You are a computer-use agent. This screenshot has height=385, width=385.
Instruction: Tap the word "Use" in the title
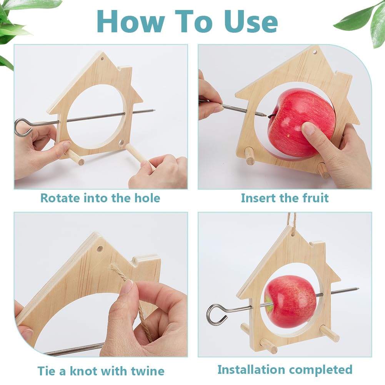coord(251,22)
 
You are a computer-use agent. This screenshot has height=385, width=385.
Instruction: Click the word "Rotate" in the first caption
coord(60,198)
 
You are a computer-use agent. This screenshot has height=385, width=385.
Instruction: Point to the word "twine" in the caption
coord(148,371)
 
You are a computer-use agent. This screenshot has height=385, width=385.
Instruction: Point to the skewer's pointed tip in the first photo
coord(153,110)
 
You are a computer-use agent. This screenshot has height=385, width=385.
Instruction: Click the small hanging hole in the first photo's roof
coord(102,59)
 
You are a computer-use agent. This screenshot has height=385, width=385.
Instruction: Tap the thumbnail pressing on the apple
coord(308,128)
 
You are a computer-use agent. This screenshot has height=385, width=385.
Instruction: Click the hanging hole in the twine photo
coord(100,249)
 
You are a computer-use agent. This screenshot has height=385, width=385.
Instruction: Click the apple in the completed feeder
coord(290,302)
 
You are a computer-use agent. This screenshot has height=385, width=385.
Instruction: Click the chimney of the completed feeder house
coord(317,248)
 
